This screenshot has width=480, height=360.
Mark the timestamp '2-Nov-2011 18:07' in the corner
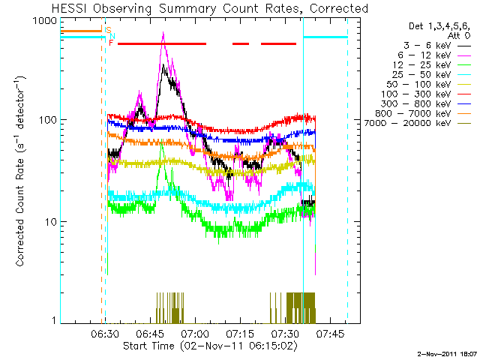tap(448, 352)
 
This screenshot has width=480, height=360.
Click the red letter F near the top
tap(111, 43)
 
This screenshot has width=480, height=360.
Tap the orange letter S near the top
tap(108, 31)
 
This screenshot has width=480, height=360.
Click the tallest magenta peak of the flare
tap(163, 34)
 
